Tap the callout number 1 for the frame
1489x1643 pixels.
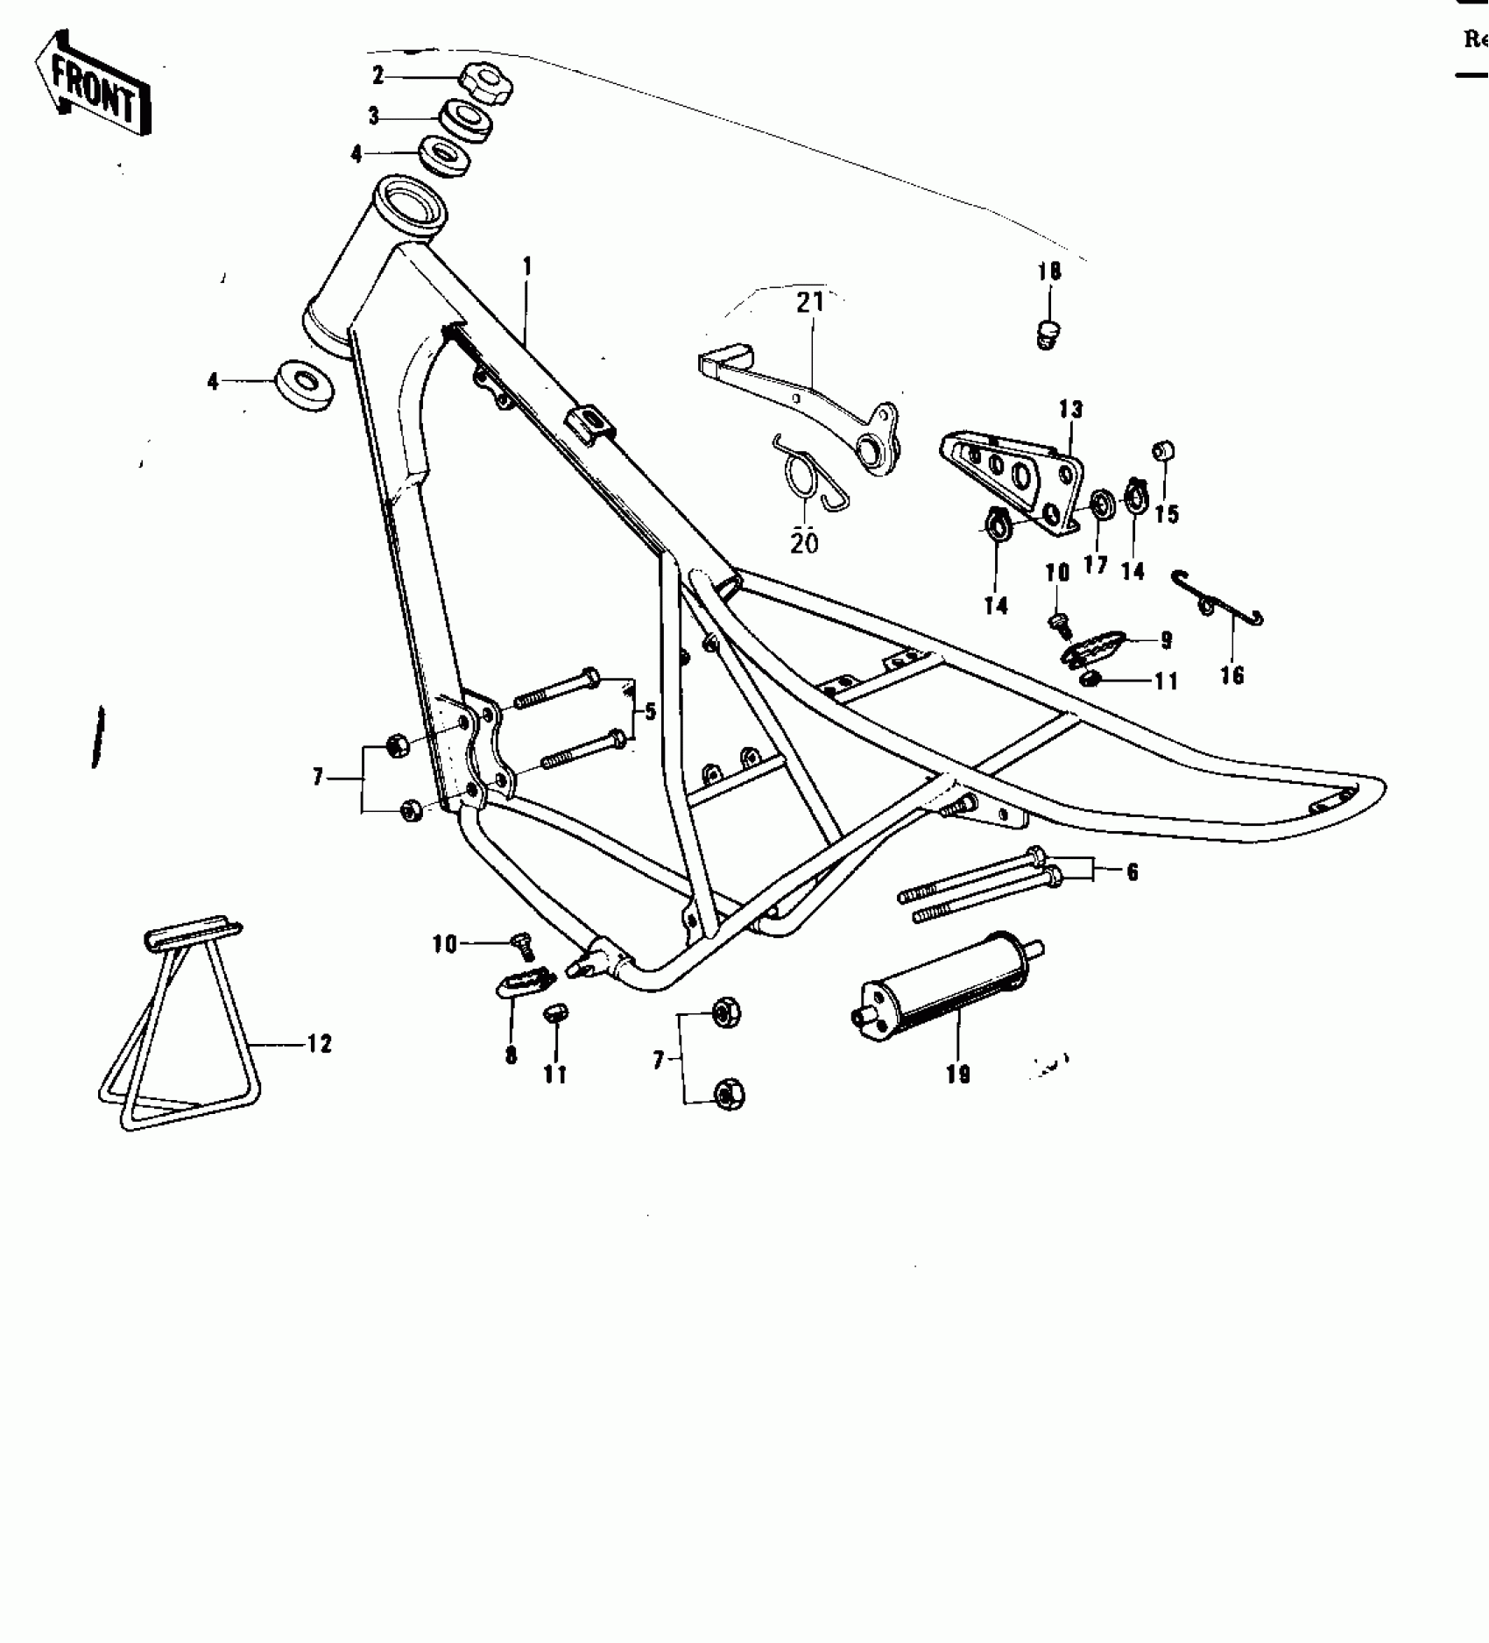[x=527, y=265]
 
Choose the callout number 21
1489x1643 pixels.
[x=809, y=302]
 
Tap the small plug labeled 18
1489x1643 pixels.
[x=1046, y=334]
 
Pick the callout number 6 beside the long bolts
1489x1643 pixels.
[x=1133, y=871]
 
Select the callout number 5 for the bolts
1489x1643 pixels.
[x=650, y=711]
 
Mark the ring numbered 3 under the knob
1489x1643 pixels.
[x=465, y=119]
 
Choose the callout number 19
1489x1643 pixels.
[x=958, y=1075]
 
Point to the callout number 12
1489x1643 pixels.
[x=320, y=1044]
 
